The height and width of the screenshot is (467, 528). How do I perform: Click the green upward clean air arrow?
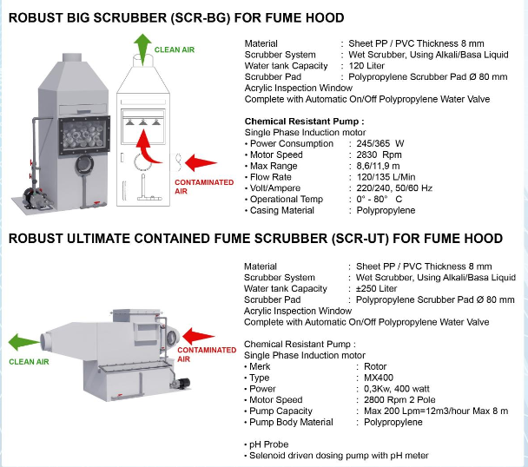click(142, 48)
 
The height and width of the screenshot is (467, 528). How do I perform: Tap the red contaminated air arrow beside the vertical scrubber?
click(201, 163)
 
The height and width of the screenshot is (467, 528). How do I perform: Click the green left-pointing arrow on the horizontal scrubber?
click(23, 342)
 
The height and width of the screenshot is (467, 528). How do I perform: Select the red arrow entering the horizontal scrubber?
click(198, 336)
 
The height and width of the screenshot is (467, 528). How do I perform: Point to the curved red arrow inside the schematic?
click(147, 147)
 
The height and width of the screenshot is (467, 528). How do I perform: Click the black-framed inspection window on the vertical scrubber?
click(84, 135)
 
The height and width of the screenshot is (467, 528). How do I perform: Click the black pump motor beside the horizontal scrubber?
click(181, 384)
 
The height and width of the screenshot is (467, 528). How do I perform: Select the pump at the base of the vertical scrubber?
click(35, 195)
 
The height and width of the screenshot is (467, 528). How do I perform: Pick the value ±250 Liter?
click(377, 288)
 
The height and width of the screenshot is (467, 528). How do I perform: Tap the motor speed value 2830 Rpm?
click(379, 155)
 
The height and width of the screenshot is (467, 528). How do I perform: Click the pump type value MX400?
click(379, 378)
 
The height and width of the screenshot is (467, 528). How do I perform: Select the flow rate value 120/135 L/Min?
click(386, 177)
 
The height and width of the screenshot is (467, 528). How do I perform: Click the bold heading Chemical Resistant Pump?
click(304, 122)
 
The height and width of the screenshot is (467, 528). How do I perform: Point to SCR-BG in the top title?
click(201, 18)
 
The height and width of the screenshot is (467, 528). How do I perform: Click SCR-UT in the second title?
click(360, 239)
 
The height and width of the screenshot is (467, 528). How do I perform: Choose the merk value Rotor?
click(375, 366)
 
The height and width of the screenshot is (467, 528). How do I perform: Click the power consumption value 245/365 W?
click(380, 144)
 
